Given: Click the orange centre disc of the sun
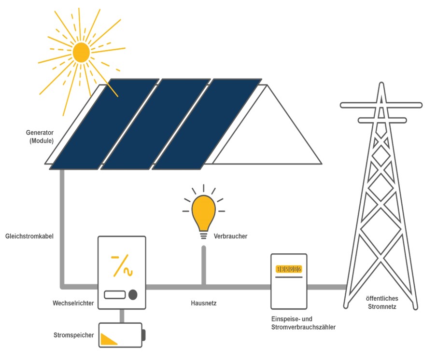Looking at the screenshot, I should [81, 52].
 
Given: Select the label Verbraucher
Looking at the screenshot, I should [230, 236].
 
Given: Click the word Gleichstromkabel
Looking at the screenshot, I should [29, 237].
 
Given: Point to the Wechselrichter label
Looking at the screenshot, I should [73, 304].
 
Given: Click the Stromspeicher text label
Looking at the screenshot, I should [74, 335].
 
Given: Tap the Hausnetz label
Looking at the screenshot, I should [204, 304].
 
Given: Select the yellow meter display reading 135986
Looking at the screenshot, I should [289, 269].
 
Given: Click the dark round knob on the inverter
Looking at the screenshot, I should [132, 294].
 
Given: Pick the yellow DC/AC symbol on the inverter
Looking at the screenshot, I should [122, 265].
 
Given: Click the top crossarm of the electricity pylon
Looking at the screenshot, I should [381, 105].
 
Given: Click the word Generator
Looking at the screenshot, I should [40, 132].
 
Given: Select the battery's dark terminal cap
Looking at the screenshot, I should [143, 335].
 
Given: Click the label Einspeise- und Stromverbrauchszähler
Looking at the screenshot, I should [303, 323].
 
